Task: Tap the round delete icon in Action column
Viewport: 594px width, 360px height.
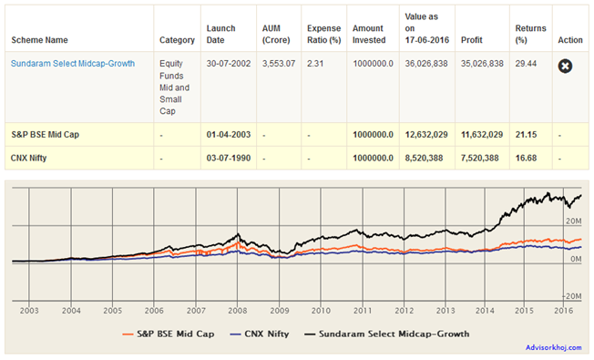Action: pyautogui.click(x=565, y=65)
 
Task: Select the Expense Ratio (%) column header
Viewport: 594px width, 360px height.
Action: pyautogui.click(x=323, y=34)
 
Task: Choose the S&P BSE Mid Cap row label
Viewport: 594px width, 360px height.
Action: pyautogui.click(x=46, y=134)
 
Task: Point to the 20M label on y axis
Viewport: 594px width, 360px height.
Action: pyautogui.click(x=572, y=221)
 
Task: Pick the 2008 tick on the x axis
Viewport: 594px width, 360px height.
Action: pyautogui.click(x=237, y=311)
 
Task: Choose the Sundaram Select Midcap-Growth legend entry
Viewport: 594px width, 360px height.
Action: pyautogui.click(x=398, y=334)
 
